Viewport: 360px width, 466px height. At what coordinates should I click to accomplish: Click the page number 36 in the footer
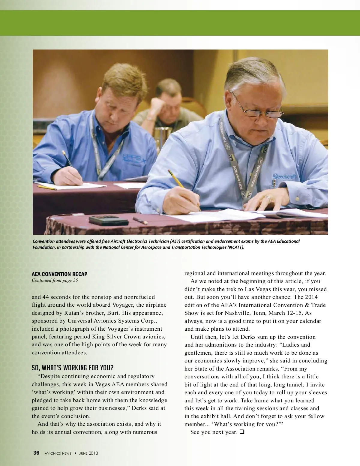(x=36, y=453)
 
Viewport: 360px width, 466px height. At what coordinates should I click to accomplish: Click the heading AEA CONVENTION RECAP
(x=59, y=274)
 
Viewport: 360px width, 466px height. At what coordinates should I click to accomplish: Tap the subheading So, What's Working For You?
(x=73, y=368)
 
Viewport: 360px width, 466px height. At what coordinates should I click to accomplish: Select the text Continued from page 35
(x=55, y=280)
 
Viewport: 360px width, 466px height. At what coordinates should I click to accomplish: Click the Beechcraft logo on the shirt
(x=284, y=176)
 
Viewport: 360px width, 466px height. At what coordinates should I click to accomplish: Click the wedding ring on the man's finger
(x=268, y=198)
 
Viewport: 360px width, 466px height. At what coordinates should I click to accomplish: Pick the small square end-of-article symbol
(x=242, y=432)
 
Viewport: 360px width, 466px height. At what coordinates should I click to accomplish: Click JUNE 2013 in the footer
(x=88, y=453)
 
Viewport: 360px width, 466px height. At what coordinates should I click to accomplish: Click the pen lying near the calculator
(x=140, y=221)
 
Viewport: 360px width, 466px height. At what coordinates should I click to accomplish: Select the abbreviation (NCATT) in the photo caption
(x=235, y=247)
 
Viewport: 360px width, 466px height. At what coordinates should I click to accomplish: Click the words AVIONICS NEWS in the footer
(x=58, y=453)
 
